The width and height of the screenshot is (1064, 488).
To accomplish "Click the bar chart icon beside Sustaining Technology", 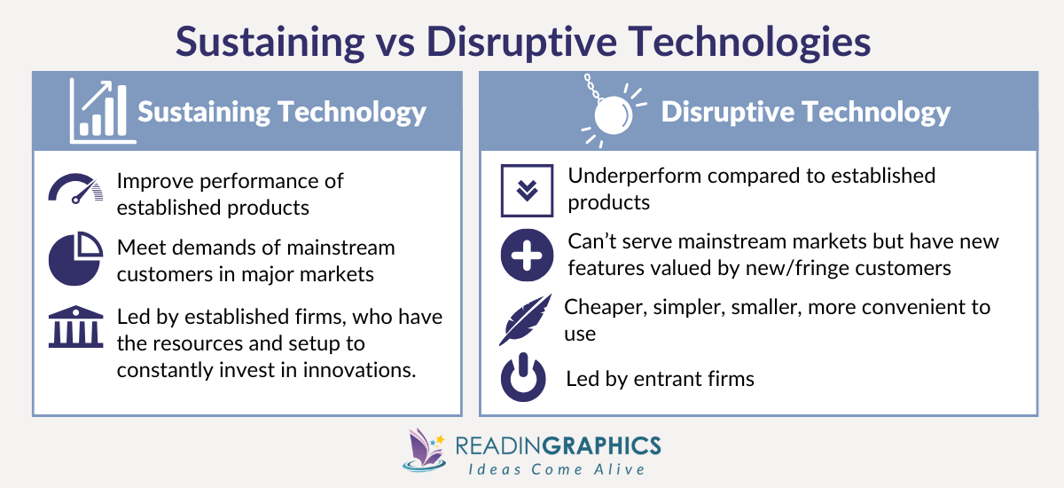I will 99,112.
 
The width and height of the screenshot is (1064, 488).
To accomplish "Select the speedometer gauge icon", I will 75,189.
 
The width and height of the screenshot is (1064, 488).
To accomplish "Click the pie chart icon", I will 75,259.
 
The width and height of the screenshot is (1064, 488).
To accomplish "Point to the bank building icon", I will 75,327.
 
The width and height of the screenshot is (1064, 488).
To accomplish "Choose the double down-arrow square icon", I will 527,190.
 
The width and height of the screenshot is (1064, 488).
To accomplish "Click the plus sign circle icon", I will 527,255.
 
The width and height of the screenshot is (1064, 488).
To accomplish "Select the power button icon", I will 527,378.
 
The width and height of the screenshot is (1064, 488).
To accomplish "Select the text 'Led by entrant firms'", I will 660,379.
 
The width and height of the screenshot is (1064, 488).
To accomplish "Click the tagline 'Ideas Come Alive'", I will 557,468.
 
